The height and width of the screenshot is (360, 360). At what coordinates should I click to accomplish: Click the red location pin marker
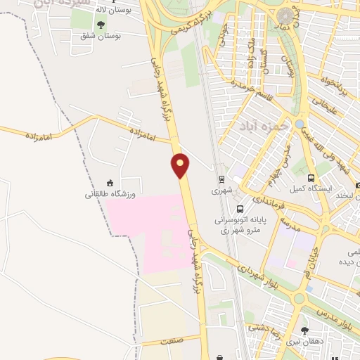pyautogui.click(x=181, y=165)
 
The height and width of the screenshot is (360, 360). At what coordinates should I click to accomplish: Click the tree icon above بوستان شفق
pyautogui.click(x=101, y=25)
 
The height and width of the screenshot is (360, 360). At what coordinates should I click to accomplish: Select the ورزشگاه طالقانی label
pyautogui.click(x=110, y=193)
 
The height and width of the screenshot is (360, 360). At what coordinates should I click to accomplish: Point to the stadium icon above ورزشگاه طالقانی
pyautogui.click(x=110, y=182)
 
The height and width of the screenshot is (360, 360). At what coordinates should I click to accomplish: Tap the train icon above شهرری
pyautogui.click(x=221, y=179)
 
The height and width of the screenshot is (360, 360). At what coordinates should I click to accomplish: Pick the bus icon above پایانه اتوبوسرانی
pyautogui.click(x=240, y=209)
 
